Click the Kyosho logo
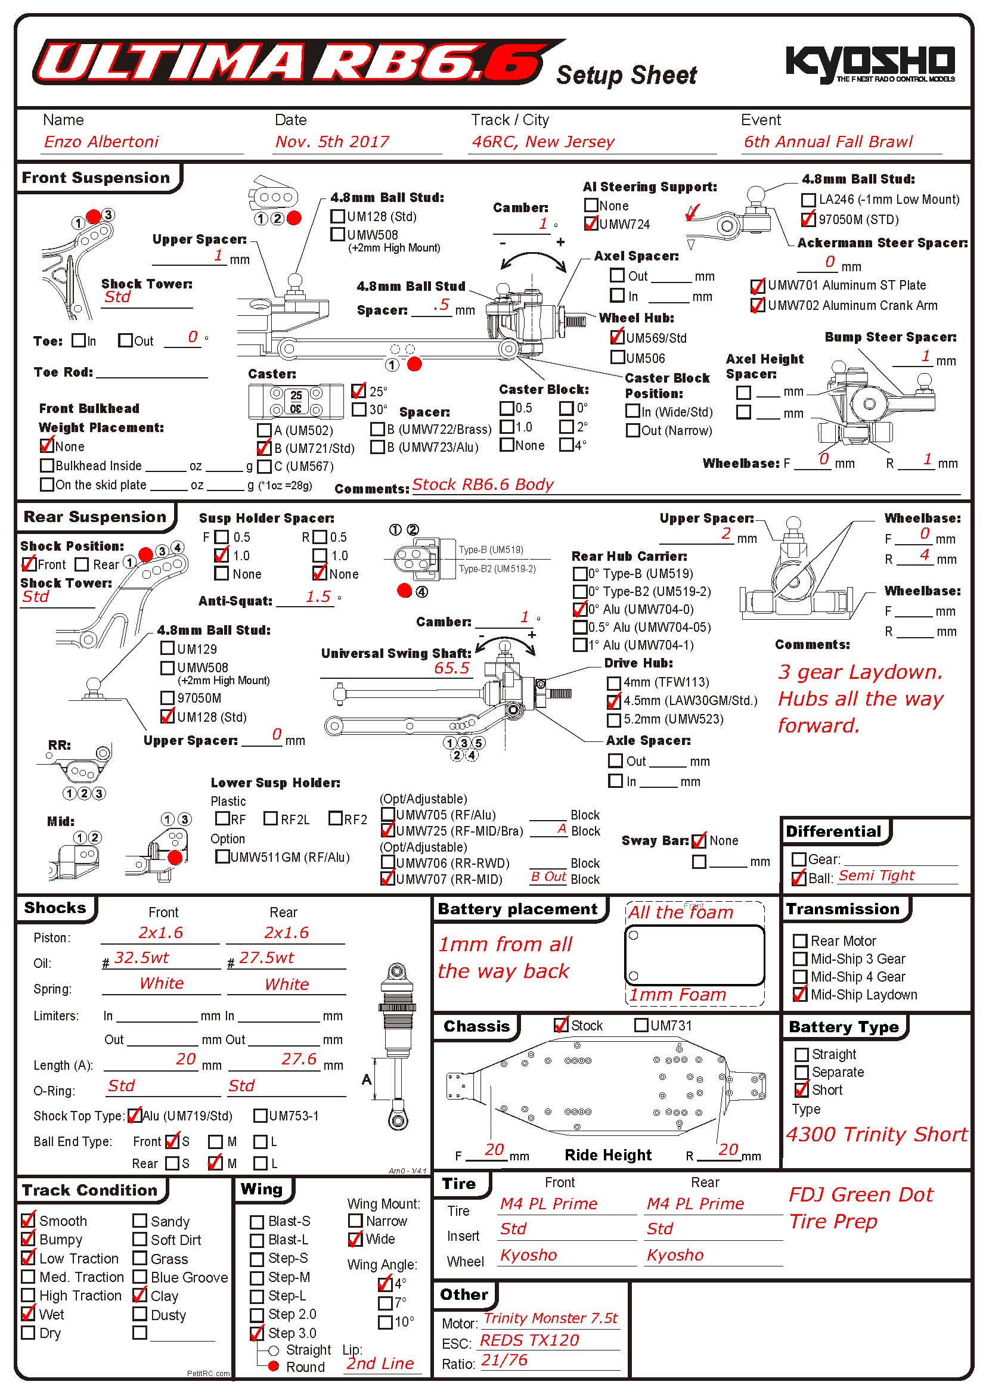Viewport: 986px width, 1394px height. click(869, 63)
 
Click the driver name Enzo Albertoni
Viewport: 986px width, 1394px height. click(101, 142)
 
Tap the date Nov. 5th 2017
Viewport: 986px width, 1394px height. click(331, 142)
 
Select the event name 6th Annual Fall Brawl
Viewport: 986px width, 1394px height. click(828, 142)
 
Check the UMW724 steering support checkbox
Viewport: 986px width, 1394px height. click(591, 224)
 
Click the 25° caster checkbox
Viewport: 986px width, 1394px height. click(359, 391)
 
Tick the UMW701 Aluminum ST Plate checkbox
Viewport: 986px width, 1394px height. click(757, 285)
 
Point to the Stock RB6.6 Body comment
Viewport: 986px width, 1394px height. click(483, 485)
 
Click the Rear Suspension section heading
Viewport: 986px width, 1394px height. click(95, 517)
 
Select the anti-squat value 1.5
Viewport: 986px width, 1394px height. click(318, 597)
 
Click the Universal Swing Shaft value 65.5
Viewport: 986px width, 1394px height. click(452, 668)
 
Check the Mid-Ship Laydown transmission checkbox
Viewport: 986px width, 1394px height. click(800, 995)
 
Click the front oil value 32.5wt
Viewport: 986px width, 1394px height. click(141, 958)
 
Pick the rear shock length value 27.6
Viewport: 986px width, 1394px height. click(299, 1059)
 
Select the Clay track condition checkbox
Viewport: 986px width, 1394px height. click(140, 1296)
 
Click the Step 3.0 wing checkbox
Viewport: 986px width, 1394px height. click(258, 1333)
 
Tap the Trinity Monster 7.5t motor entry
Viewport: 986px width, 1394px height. click(550, 1318)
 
